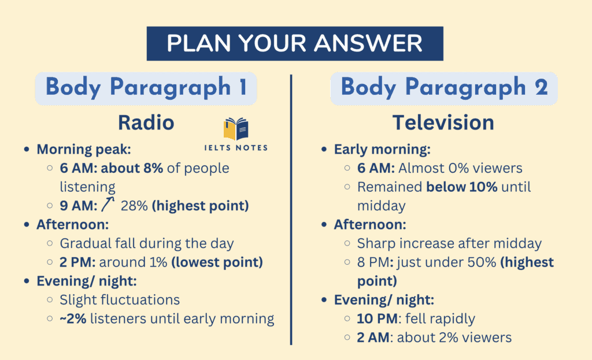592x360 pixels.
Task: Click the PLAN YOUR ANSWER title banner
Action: click(295, 43)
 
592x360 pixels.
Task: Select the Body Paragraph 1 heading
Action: click(146, 88)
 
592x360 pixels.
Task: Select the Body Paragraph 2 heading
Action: click(444, 88)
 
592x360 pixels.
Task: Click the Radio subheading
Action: click(146, 123)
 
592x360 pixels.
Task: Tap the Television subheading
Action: click(443, 123)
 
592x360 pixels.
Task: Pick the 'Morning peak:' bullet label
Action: click(84, 150)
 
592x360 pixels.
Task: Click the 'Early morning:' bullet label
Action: click(382, 150)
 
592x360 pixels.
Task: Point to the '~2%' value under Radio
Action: click(73, 318)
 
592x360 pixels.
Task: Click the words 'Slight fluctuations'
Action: click(120, 300)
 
